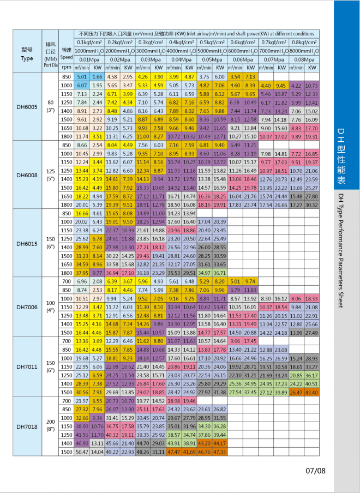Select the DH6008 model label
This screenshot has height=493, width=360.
coord(27,175)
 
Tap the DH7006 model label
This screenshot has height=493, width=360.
coord(27,306)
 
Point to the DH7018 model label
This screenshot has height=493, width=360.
coord(27,426)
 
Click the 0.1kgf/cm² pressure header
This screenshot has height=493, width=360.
coord(89,41)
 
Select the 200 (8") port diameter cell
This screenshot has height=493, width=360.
coord(51,426)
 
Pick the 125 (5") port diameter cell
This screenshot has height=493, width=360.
coord(51,175)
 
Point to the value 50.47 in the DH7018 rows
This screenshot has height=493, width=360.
coord(82,452)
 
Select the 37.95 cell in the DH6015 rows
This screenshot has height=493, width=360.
coord(82,273)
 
